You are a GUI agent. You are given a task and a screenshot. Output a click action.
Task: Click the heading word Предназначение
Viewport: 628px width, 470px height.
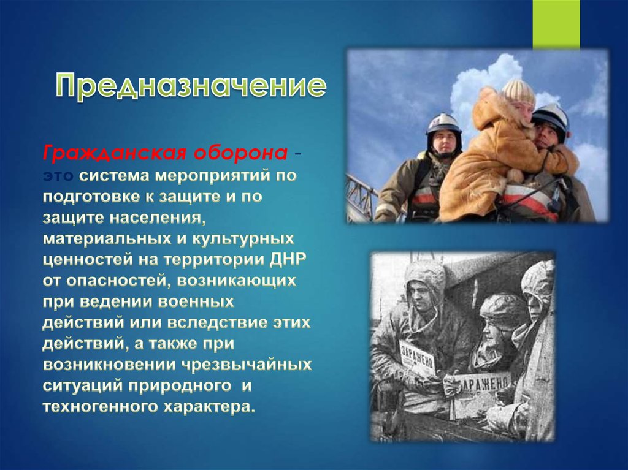click(x=191, y=86)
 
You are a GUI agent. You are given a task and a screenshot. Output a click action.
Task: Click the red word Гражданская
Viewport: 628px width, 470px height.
click(x=114, y=154)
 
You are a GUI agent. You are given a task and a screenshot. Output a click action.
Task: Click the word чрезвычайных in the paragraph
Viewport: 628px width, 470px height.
click(x=247, y=365)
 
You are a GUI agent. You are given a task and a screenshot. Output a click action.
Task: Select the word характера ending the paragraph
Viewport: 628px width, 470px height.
click(x=209, y=407)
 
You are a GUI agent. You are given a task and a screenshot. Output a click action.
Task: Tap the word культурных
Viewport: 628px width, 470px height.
click(x=243, y=239)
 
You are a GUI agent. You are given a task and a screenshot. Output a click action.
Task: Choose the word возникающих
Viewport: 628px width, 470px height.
click(x=236, y=281)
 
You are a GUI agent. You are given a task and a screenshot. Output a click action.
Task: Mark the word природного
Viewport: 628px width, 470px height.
click(x=180, y=386)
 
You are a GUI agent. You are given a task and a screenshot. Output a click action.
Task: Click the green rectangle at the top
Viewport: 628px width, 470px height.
click(x=556, y=24)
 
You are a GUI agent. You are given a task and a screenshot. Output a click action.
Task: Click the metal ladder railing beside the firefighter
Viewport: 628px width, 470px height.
click(x=362, y=197)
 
